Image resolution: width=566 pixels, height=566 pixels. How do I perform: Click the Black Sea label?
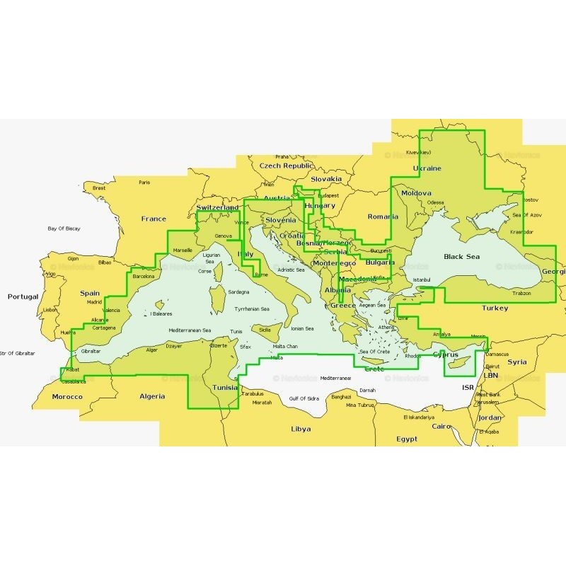tap(461, 257)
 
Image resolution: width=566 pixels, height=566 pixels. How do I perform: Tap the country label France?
tap(154, 219)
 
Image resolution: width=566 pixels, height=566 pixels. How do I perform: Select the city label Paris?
tap(144, 183)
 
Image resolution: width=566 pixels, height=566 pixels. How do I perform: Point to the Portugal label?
tap(23, 297)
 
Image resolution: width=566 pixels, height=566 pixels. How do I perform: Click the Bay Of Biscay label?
tap(64, 229)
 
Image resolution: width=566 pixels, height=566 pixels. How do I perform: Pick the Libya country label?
tap(301, 429)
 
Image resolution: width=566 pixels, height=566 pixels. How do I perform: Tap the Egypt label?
tap(407, 439)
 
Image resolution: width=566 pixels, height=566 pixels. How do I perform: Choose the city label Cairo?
tap(441, 427)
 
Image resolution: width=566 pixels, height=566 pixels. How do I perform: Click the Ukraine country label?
tap(427, 168)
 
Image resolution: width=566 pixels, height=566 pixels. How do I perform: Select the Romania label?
tap(383, 217)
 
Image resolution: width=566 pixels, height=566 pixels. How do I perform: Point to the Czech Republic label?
tap(286, 166)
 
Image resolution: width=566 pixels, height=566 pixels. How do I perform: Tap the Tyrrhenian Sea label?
tap(252, 309)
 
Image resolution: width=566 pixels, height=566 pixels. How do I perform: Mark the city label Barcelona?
tap(143, 277)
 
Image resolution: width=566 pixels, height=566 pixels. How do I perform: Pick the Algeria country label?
tap(151, 396)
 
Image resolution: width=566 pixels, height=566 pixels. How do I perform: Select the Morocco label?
tap(67, 397)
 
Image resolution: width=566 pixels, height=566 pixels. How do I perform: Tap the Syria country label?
tap(517, 362)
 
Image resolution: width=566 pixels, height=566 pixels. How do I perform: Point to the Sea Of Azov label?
tap(526, 214)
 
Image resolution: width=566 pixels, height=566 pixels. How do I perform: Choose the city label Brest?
tap(99, 188)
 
